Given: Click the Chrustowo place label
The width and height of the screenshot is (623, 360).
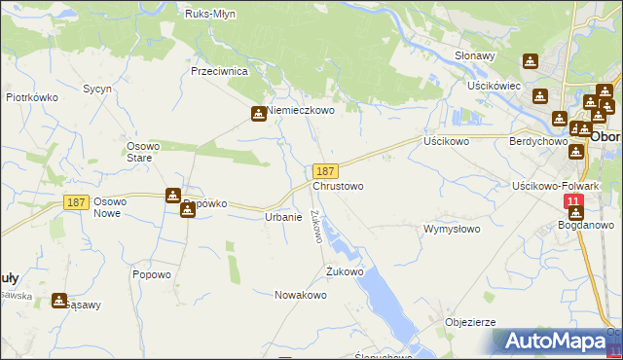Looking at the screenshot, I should tap(338, 186).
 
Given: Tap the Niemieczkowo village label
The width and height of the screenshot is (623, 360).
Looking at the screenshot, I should tap(301, 111).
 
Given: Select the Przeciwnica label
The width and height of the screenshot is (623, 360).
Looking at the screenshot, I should tap(221, 72).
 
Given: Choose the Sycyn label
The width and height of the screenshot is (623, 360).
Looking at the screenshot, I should tap(97, 89).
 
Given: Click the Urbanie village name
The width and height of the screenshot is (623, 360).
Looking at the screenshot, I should tap(283, 217).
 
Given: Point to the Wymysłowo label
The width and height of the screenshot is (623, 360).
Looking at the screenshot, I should tap(452, 230).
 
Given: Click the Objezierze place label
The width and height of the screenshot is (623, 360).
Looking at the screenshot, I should tap(470, 322).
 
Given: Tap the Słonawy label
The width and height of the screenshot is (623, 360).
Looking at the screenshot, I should tap(476, 56).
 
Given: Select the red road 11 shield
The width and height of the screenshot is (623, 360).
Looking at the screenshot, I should tap(574, 201).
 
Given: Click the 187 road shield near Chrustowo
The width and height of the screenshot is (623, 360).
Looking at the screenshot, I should tap(327, 170).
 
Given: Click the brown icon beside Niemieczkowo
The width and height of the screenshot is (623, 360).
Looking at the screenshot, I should tap(259, 113).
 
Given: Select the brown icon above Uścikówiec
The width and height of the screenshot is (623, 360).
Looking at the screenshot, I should tap(530, 60).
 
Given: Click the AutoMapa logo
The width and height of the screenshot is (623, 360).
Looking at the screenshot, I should tap(558, 342).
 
